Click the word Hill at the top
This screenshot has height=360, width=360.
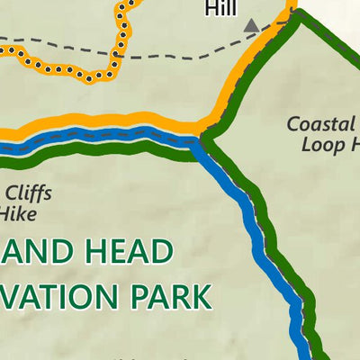[x=220, y=8]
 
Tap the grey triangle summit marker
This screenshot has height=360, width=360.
[x=251, y=26]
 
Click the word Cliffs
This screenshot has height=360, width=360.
[x=27, y=193]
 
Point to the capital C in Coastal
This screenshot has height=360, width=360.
[x=294, y=124]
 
